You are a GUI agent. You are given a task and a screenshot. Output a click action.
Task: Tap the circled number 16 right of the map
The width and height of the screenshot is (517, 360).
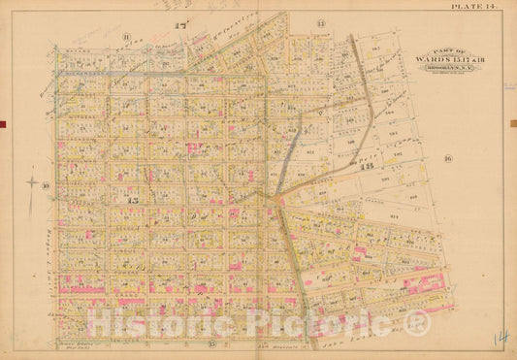[x=448, y=157]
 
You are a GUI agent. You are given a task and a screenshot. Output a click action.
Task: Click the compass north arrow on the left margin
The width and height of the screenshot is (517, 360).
[x=30, y=180]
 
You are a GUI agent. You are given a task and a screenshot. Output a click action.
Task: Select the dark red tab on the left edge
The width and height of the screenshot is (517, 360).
[x=3, y=122]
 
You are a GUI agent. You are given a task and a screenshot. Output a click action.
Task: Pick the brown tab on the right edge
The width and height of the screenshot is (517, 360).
[x=514, y=122]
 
